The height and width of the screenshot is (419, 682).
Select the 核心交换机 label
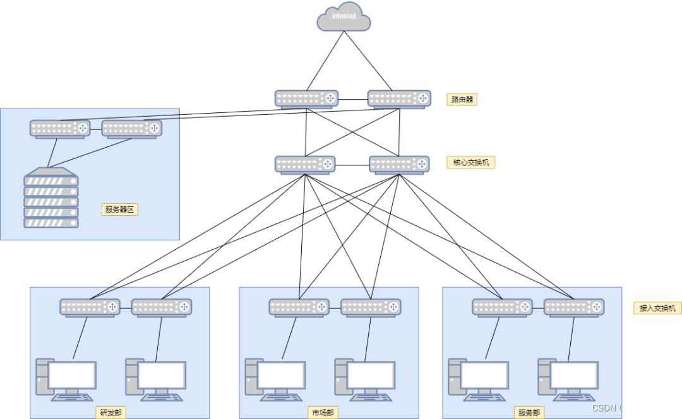tap(470, 162)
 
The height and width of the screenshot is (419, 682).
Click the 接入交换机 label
tap(657, 308)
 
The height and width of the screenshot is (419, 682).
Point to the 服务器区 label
tap(119, 209)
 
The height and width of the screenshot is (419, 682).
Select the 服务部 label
tap(529, 413)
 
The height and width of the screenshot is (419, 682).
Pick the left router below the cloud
tap(307, 98)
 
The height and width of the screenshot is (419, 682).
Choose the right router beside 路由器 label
tap(399, 98)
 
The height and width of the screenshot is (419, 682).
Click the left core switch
tap(305, 165)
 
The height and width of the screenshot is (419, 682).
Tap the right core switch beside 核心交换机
tap(399, 165)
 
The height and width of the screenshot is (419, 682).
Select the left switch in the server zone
tap(60, 129)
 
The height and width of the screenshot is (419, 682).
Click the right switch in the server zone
tap(132, 129)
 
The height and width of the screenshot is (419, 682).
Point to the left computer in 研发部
tap(66, 379)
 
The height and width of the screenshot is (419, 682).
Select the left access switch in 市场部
tap(299, 307)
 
